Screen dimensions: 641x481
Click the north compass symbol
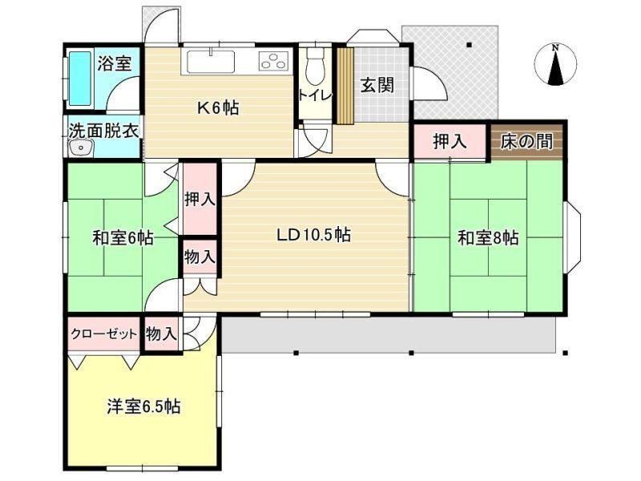[x=555, y=65]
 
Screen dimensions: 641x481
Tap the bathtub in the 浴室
[x=80, y=78]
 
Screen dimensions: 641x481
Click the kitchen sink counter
[x=211, y=62]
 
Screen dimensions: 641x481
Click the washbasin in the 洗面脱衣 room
[x=81, y=148]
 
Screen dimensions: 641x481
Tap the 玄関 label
[x=377, y=85]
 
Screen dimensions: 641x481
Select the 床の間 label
[x=526, y=141]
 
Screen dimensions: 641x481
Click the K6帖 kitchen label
[x=218, y=108]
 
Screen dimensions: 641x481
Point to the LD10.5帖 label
[x=313, y=235]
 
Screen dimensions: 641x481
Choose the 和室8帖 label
[x=488, y=237]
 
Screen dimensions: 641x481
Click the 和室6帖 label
[x=123, y=237]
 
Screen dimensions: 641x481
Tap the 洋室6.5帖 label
[x=143, y=406]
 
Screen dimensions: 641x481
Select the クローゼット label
[x=104, y=334]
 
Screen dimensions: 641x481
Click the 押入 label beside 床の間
[x=450, y=141]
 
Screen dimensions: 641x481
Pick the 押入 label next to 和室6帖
[x=200, y=199]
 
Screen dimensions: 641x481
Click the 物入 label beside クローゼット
[x=162, y=334]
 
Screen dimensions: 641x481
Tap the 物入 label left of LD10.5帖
[x=200, y=257]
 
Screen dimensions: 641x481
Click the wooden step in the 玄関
[x=345, y=86]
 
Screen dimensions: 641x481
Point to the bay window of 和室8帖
[x=572, y=237]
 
